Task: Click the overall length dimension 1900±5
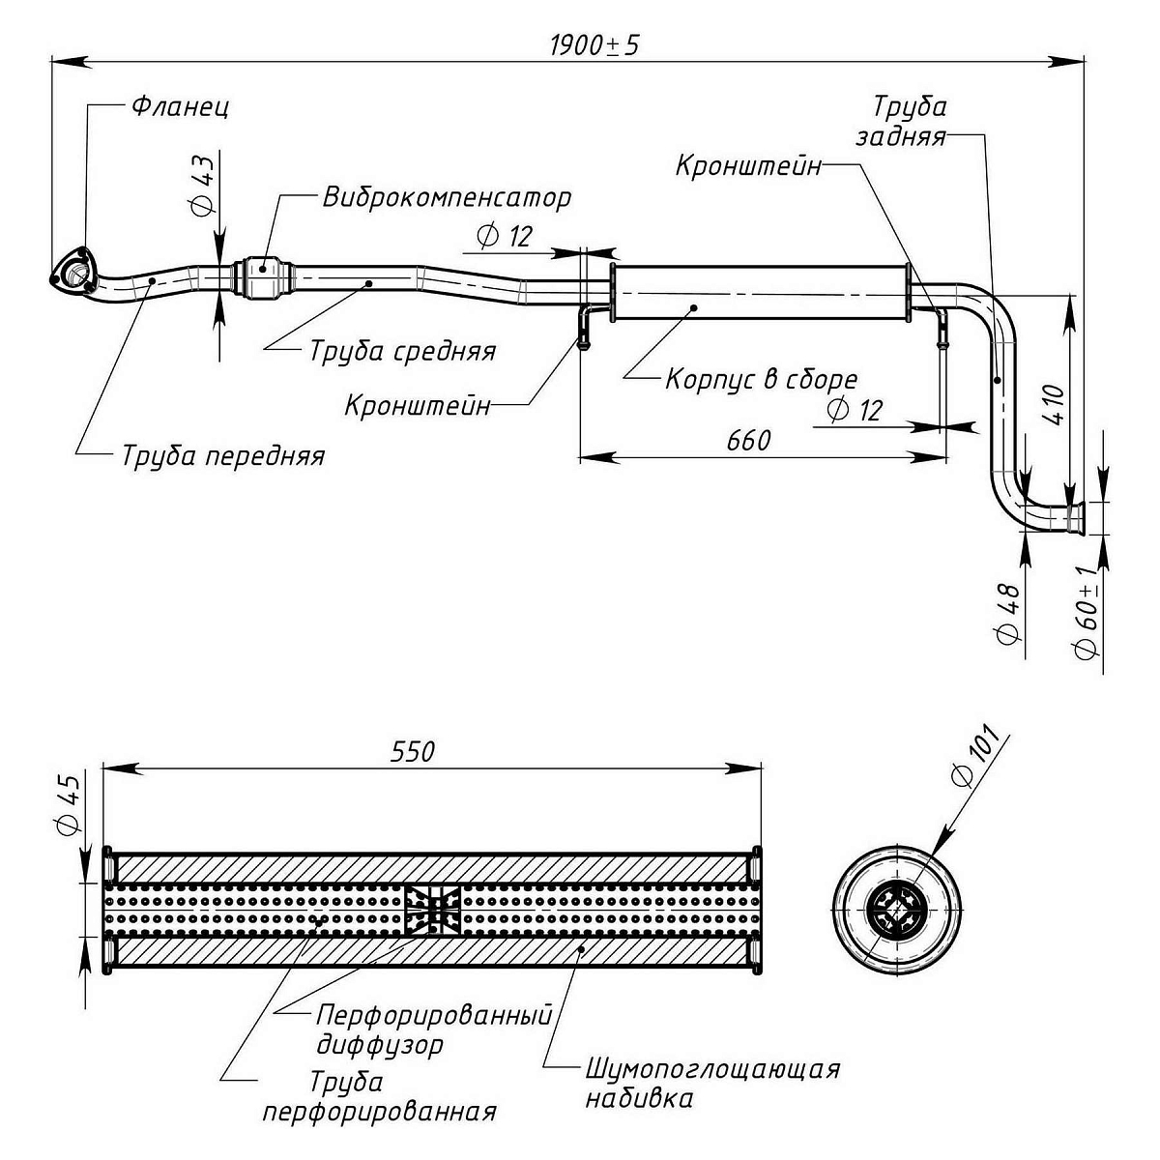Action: pos(594,45)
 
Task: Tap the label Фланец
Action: pos(180,106)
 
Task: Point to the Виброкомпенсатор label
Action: pos(447,198)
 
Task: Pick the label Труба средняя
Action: pos(402,351)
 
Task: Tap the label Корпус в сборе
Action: pos(761,379)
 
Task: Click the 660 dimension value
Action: pos(749,441)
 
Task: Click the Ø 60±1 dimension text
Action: pos(1089,613)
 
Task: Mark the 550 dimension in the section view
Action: pos(413,751)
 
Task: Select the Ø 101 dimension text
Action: pos(977,761)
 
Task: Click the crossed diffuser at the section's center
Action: pos(432,910)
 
